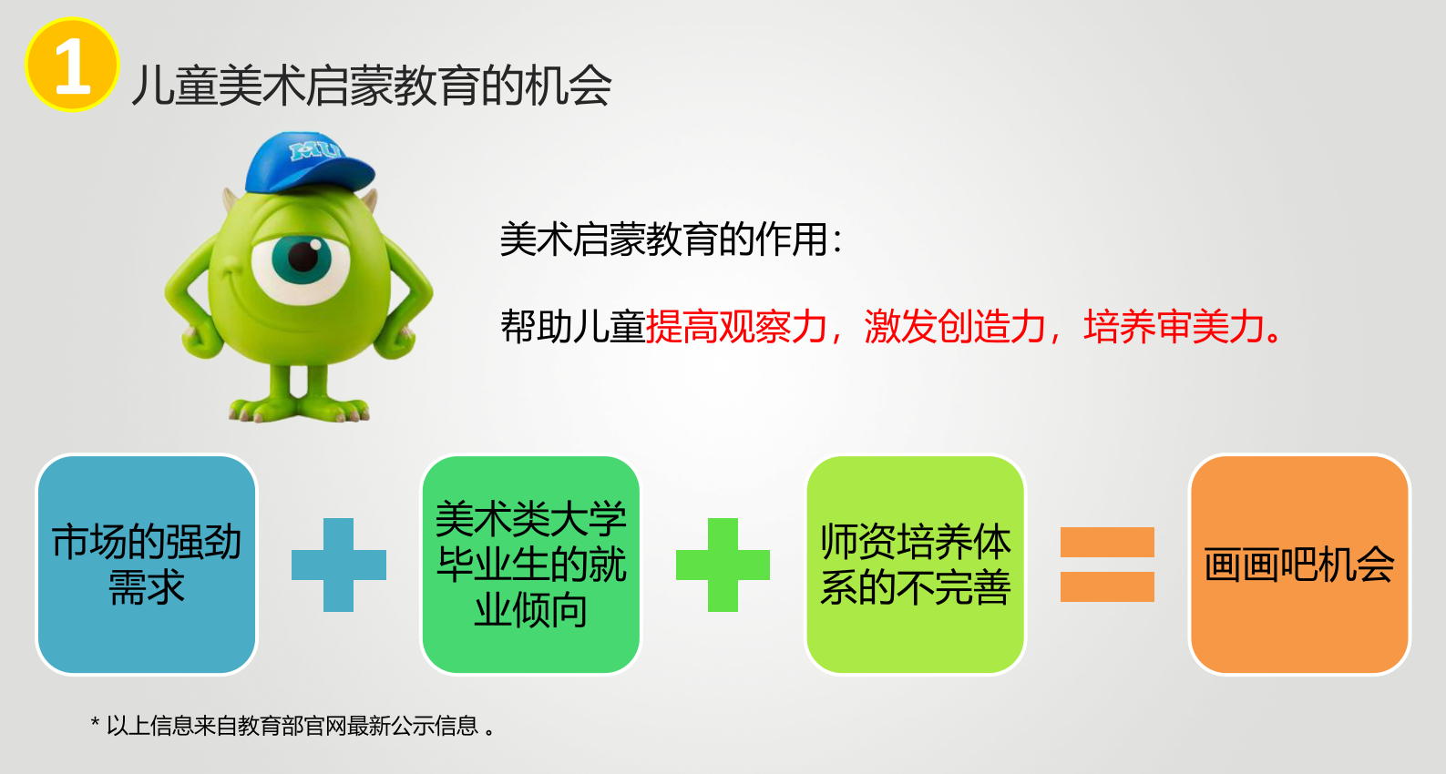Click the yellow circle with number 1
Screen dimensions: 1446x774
72,65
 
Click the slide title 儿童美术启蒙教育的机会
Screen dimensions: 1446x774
372,86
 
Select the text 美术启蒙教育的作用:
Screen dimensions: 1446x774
672,239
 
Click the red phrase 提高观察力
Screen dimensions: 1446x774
736,326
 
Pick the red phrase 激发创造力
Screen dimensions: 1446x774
955,326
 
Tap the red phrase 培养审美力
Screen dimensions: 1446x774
1174,326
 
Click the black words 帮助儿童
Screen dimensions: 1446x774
572,326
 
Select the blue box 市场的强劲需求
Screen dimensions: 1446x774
147,565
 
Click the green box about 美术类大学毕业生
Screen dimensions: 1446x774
530,565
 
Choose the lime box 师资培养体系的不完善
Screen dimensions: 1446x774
916,565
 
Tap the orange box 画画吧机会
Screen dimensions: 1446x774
1299,565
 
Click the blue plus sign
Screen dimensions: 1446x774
339,565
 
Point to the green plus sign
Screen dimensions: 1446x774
723,565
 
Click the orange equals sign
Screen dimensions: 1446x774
1107,565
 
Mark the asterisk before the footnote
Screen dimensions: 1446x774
95,721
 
